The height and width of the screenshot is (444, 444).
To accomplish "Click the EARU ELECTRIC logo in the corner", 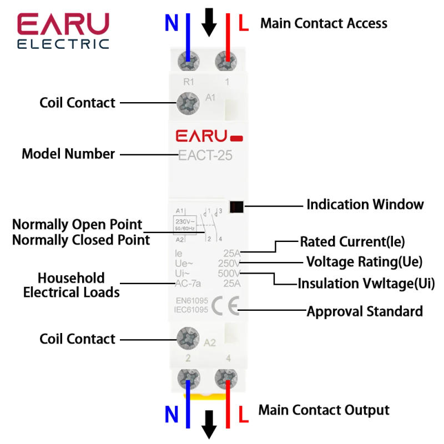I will [63, 31].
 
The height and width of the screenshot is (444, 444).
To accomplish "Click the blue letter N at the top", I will [171, 23].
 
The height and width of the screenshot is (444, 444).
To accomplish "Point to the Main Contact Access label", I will [324, 23].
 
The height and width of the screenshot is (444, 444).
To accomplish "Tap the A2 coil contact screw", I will [189, 338].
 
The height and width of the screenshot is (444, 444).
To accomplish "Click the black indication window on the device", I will [236, 205].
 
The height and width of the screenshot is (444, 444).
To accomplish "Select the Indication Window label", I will [365, 204].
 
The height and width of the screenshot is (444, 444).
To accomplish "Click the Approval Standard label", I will [365, 311].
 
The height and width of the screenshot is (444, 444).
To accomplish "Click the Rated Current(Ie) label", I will [352, 242].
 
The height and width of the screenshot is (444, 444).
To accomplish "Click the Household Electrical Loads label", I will [71, 285].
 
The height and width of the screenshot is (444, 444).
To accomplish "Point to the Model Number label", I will [68, 154].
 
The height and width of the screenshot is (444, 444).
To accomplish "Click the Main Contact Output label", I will [324, 411].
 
